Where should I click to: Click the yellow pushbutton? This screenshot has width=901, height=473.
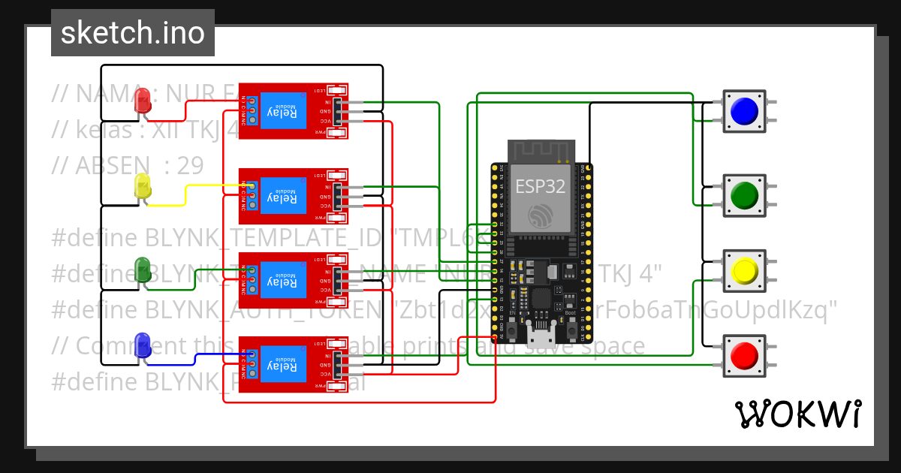coord(745,270)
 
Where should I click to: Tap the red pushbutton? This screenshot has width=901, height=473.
coord(745,354)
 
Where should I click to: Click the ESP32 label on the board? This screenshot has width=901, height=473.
coord(540,186)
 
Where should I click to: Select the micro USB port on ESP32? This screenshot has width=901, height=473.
coord(540,329)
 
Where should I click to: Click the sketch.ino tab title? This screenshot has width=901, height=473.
coord(133,33)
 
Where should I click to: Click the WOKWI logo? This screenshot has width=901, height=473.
coord(797,414)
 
